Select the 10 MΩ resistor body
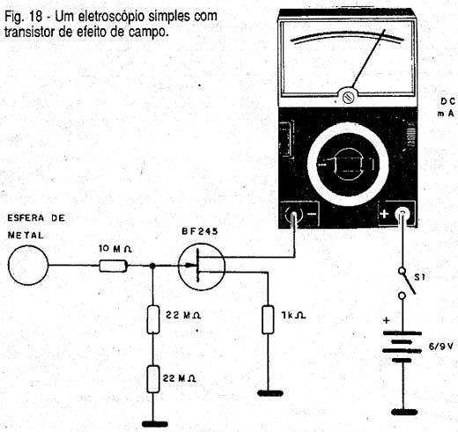tap(114, 266)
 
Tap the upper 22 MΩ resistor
tap(153, 319)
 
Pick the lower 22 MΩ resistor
tap(153, 379)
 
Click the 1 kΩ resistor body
tap(268, 319)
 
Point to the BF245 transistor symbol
tap(202, 267)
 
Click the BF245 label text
tap(200, 231)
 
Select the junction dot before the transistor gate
tap(152, 266)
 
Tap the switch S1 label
tap(419, 277)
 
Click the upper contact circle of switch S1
tap(403, 271)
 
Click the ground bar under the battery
tap(404, 412)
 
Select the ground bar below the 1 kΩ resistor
tap(270, 393)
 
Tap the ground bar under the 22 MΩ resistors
tap(155, 424)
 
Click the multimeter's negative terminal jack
tap(293, 216)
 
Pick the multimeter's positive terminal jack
tap(403, 214)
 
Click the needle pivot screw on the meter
tap(349, 97)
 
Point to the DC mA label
tap(447, 107)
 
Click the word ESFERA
tap(26, 218)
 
